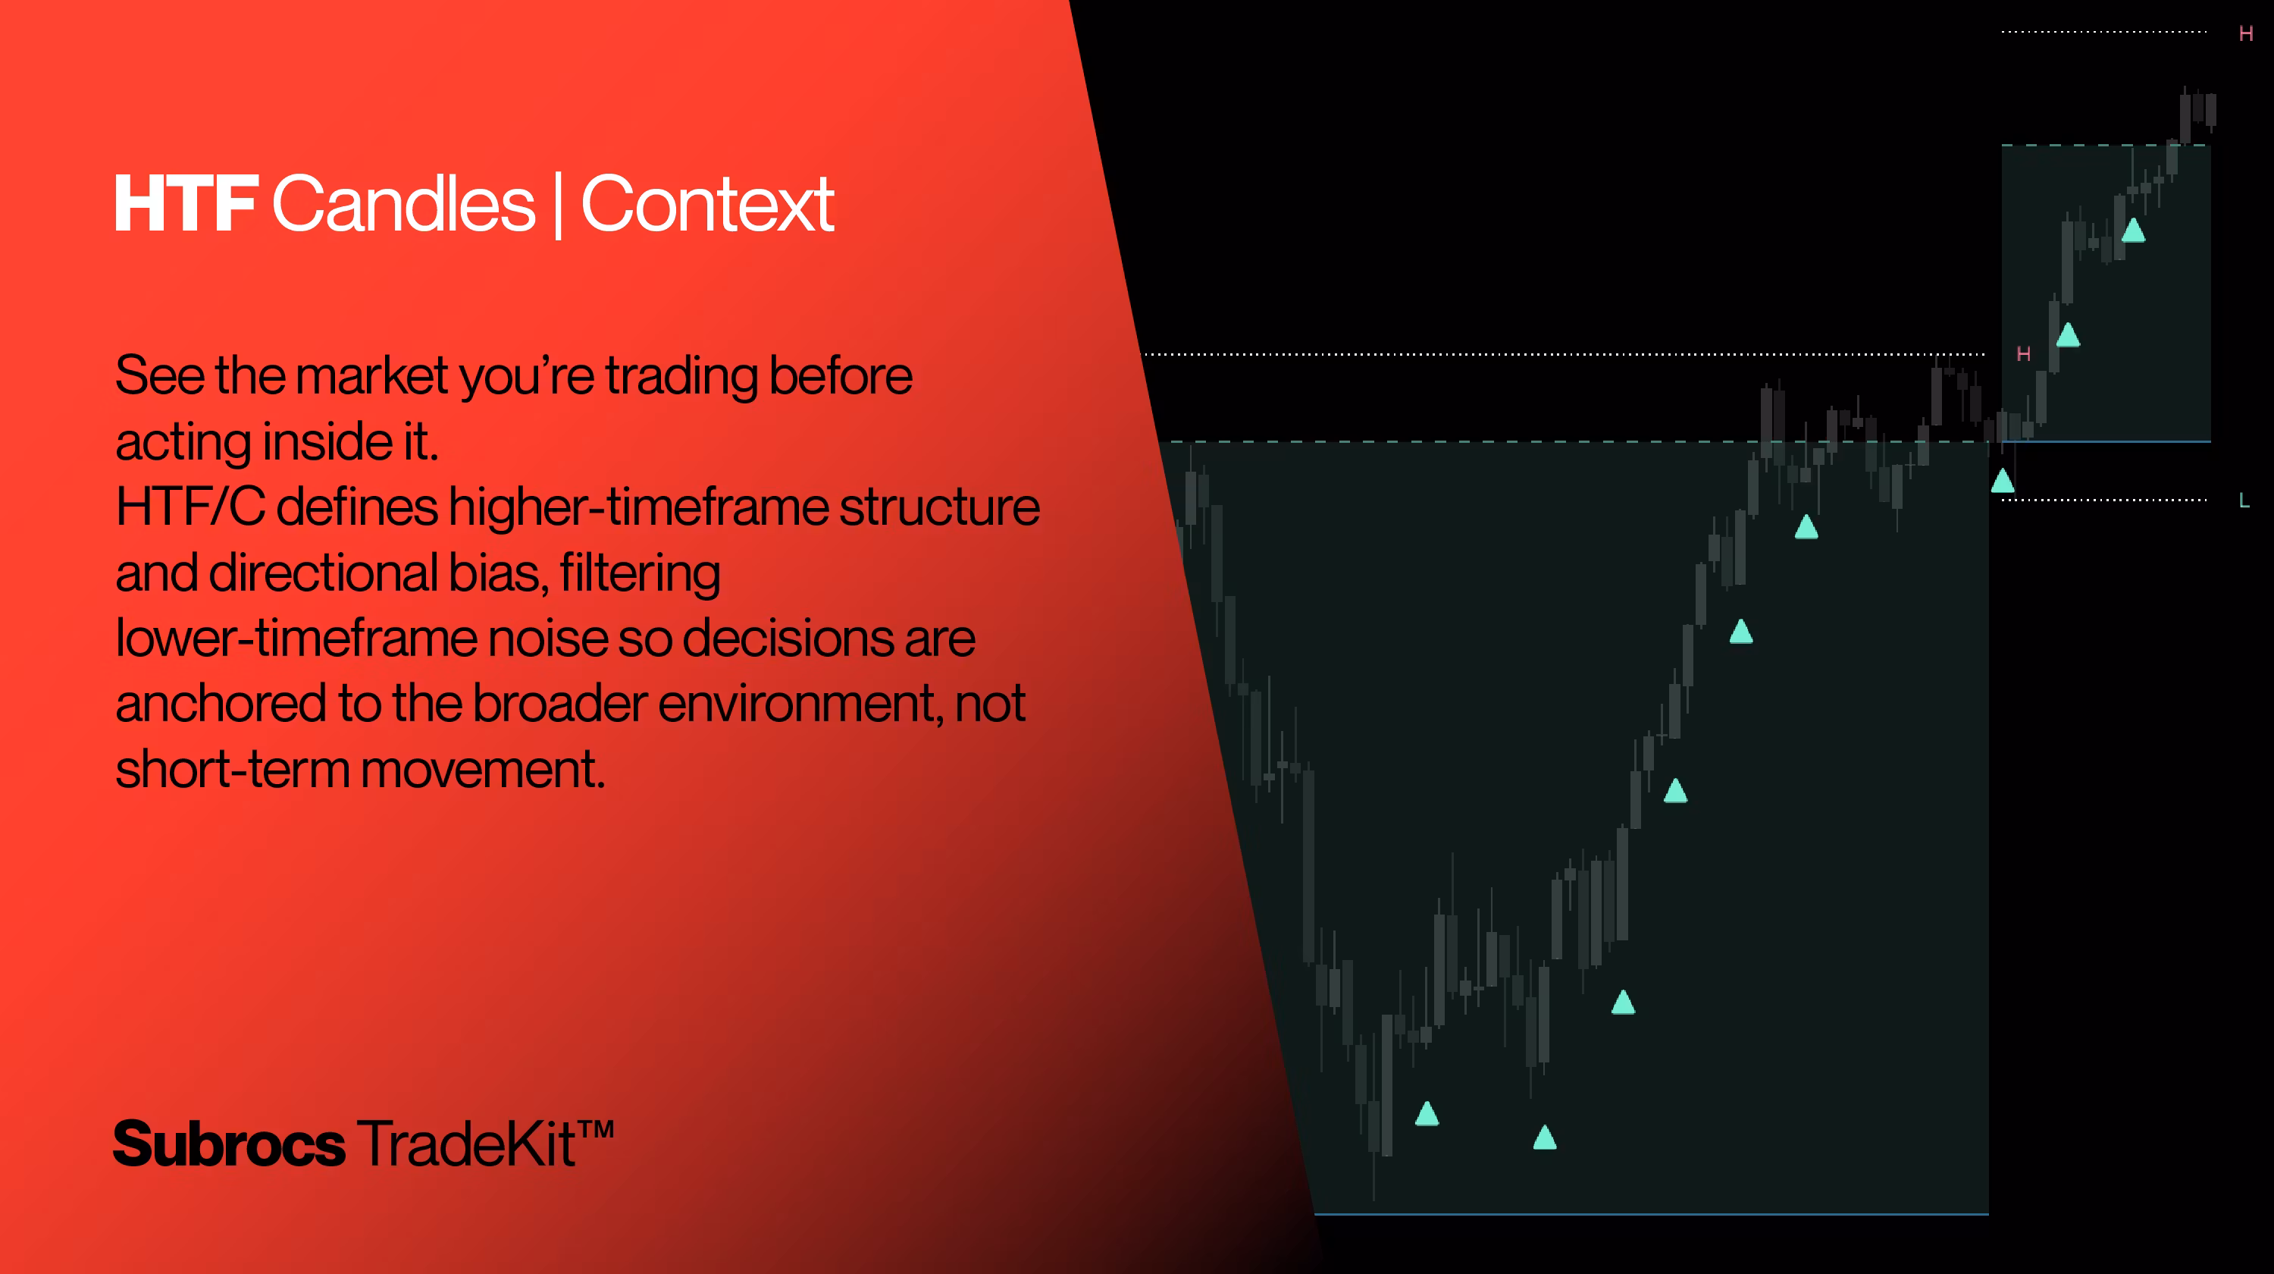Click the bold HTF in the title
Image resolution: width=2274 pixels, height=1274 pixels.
click(x=186, y=204)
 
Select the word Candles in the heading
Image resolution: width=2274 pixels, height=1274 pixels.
click(x=403, y=204)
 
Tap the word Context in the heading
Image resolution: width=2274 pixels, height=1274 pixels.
click(x=707, y=204)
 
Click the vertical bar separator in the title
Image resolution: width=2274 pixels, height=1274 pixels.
click(x=558, y=206)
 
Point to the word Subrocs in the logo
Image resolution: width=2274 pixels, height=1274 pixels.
click(x=230, y=1144)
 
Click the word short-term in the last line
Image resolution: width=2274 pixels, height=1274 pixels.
click(x=233, y=769)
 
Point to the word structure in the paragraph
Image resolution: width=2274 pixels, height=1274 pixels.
click(x=939, y=507)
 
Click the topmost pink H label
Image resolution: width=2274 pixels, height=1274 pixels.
click(x=2246, y=33)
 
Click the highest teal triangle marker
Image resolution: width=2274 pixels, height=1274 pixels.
click(x=2133, y=231)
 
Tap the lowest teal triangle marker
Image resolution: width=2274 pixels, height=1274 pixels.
click(x=1545, y=1137)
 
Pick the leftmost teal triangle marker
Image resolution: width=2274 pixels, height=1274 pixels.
click(x=1427, y=1113)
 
